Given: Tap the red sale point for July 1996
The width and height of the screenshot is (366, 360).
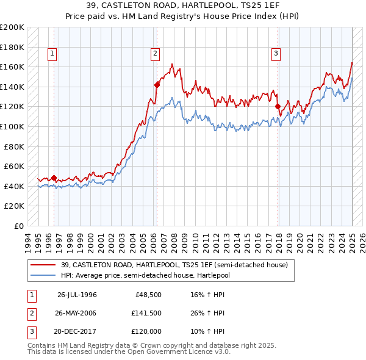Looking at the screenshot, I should click(x=54, y=178).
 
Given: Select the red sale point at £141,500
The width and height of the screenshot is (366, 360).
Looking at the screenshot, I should click(x=157, y=85).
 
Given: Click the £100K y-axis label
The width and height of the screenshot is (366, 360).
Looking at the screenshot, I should click(x=12, y=126).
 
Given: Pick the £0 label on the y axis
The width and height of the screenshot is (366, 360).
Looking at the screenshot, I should click(x=18, y=226).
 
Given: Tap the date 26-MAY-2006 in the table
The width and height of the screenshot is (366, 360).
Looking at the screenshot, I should click(x=76, y=313).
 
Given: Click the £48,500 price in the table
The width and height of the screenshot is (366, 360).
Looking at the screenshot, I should click(x=148, y=295).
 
